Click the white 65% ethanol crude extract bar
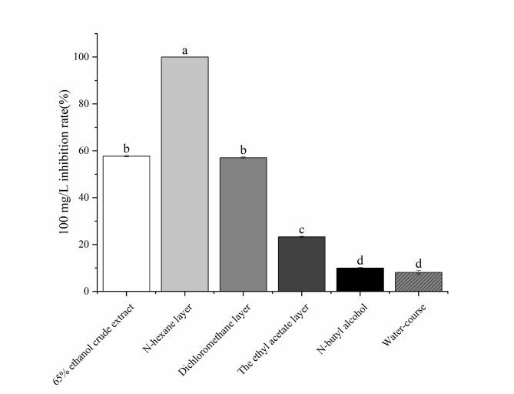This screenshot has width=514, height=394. point(126,223)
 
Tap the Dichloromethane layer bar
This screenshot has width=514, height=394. point(243,223)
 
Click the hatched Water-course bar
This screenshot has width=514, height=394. point(419,282)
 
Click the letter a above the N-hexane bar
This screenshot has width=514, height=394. point(184,51)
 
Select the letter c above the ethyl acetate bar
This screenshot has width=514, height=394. point(302,229)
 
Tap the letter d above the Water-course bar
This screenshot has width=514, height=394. point(419,264)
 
